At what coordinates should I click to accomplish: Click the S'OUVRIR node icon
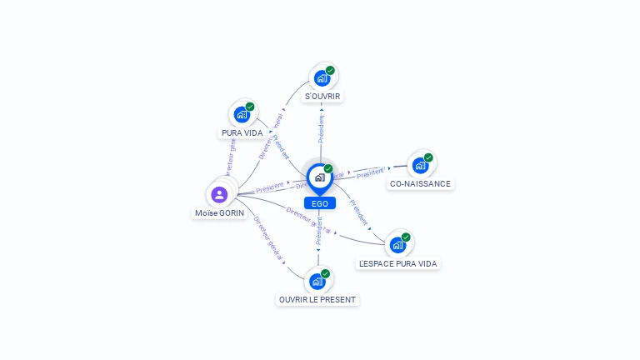[321, 78]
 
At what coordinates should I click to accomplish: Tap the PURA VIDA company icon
[242, 114]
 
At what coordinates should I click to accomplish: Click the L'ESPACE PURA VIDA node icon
[397, 245]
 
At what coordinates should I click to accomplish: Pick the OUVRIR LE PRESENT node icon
[317, 282]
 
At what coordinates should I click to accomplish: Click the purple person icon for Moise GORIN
[219, 195]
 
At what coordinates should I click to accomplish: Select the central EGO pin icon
[319, 177]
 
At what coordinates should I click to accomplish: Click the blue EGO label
[319, 203]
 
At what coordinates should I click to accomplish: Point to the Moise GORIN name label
[220, 213]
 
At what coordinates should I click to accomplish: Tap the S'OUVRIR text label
[322, 97]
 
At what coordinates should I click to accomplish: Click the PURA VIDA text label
[242, 132]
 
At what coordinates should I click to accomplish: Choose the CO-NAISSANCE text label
[420, 183]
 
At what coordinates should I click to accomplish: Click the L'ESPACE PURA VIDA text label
[398, 263]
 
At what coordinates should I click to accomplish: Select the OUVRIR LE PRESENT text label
[317, 300]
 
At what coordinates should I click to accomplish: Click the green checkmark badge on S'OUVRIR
[330, 71]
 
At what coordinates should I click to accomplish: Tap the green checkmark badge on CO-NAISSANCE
[428, 157]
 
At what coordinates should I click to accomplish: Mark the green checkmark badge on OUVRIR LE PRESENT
[326, 273]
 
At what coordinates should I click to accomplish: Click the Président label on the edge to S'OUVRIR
[321, 128]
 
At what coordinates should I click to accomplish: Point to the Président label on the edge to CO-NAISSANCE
[370, 173]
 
